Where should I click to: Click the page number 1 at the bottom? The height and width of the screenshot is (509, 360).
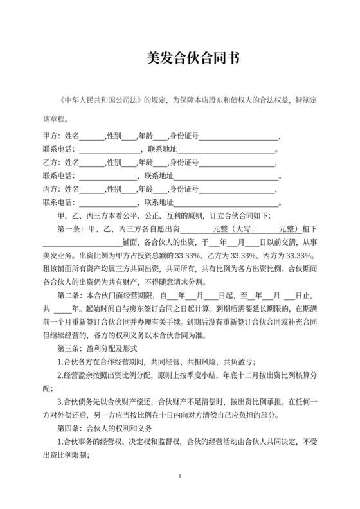click(x=181, y=476)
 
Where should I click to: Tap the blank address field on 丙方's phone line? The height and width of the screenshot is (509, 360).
click(x=225, y=202)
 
